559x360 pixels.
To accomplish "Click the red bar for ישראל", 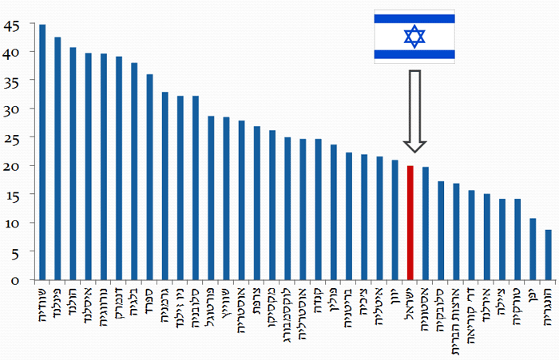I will click(x=410, y=223).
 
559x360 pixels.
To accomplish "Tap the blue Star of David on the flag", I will click(x=414, y=37).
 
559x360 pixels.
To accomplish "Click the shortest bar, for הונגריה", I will click(x=548, y=255).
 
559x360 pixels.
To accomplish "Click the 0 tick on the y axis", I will click(x=14, y=280).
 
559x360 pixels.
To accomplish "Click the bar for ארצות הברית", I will click(x=456, y=231).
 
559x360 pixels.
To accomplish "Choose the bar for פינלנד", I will click(x=57, y=159).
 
